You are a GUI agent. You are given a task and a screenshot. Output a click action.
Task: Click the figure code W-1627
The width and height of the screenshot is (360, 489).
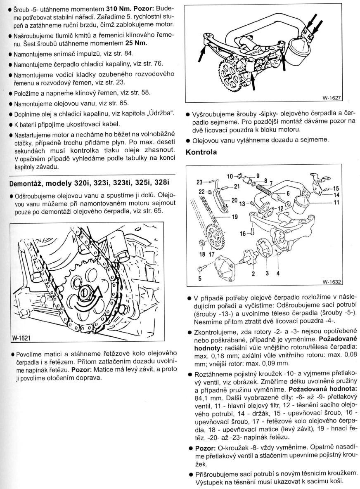tap(333, 99)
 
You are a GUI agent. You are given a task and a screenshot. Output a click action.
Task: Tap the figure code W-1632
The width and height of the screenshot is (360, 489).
tap(333, 283)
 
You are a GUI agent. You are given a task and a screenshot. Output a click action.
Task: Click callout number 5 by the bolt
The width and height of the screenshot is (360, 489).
tap(200, 278)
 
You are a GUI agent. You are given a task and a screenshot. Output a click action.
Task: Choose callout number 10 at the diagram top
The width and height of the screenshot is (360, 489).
tap(230, 177)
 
